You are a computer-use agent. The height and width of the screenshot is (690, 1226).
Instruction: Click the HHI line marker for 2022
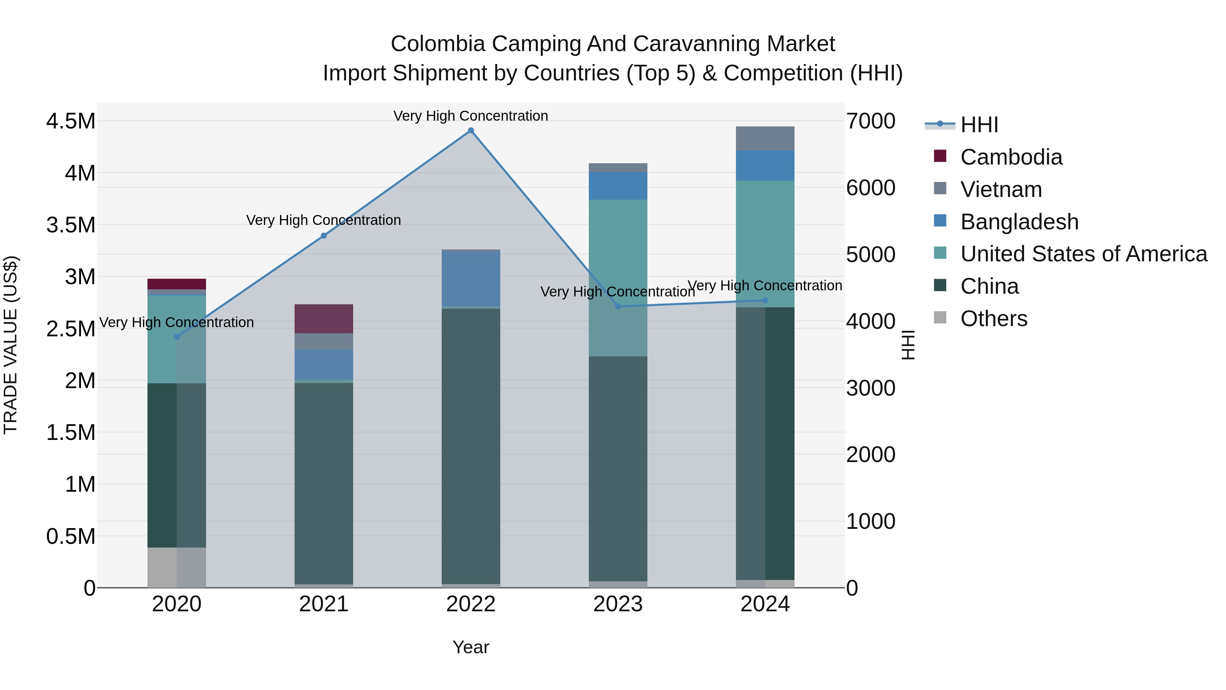471,131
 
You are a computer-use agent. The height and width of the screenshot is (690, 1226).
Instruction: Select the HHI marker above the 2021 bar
324,236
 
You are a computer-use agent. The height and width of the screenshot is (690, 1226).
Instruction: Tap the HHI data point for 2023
618,307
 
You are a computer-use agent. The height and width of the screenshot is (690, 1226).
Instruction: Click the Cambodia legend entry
1011,157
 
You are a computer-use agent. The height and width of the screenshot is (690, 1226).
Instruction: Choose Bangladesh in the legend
1019,222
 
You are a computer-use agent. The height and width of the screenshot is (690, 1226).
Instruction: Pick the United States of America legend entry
1083,254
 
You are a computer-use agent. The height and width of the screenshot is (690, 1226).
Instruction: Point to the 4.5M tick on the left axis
70,121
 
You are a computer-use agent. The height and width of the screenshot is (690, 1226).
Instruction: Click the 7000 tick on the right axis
870,121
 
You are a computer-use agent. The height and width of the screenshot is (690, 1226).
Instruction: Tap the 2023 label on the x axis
618,604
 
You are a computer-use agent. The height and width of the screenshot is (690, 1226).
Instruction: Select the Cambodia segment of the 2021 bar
324,319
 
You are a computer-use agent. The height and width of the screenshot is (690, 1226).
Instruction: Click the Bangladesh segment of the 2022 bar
471,279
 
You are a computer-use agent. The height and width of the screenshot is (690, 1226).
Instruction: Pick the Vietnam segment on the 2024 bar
765,139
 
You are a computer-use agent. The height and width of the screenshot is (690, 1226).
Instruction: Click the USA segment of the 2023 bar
618,278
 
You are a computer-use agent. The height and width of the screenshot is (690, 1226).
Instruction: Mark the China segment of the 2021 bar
324,483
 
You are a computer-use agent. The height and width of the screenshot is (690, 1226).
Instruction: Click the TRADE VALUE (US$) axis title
11,345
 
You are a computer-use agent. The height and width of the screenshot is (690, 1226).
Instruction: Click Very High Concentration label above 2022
471,116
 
